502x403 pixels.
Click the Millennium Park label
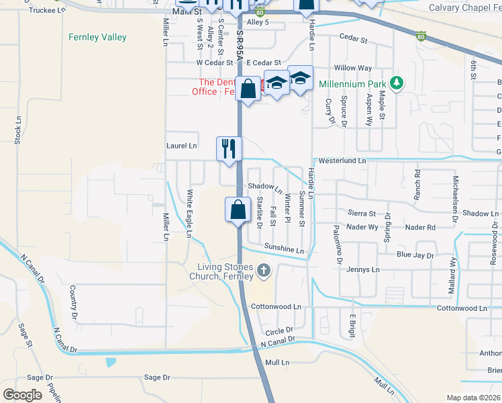(x=352, y=84)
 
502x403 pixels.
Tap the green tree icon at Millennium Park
(x=397, y=83)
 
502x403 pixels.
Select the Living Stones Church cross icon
(x=264, y=271)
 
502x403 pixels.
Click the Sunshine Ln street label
(x=284, y=251)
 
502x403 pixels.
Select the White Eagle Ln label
(x=189, y=214)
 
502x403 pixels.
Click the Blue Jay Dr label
(x=415, y=255)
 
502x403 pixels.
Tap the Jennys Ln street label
(x=363, y=270)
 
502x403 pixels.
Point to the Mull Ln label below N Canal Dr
(x=277, y=362)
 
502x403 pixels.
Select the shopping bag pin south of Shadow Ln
(x=238, y=210)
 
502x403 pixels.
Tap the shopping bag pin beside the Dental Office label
(x=248, y=89)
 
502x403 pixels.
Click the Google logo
(x=22, y=395)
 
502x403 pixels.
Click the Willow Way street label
(x=353, y=68)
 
